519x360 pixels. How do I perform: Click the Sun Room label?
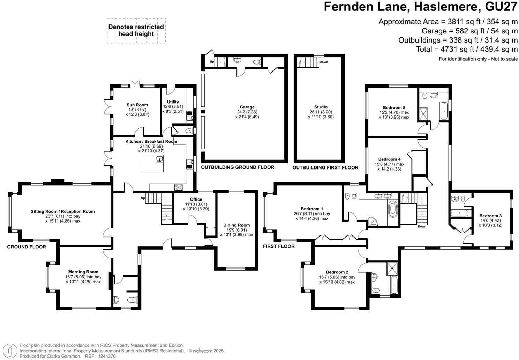(x=137, y=105)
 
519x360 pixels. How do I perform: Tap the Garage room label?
(x=247, y=107)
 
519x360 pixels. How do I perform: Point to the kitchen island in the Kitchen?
(x=152, y=164)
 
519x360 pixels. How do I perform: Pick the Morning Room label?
(x=83, y=272)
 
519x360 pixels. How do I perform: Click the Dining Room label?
(x=236, y=225)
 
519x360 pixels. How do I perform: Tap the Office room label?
(x=196, y=200)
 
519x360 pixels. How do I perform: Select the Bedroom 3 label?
(x=490, y=216)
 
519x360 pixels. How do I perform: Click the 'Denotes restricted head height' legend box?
(x=136, y=31)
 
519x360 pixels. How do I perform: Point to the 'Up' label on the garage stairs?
(x=212, y=62)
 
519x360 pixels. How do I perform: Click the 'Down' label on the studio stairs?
(x=323, y=62)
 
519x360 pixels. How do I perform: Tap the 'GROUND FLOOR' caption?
(x=27, y=247)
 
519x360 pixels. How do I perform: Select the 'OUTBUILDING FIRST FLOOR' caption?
(x=325, y=168)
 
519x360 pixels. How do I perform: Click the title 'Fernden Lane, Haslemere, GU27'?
(x=421, y=7)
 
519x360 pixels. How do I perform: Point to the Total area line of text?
(x=467, y=49)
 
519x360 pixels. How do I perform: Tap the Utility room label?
(x=173, y=102)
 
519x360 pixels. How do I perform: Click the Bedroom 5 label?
(x=394, y=107)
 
